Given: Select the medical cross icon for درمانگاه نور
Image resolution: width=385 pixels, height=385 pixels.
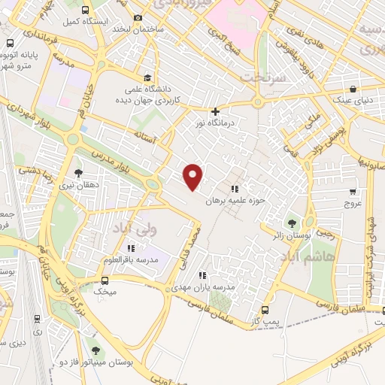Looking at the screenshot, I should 215,111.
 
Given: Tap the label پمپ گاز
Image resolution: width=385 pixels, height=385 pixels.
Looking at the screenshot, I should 265,321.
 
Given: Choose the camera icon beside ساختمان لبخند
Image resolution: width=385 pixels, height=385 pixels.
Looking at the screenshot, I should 138,17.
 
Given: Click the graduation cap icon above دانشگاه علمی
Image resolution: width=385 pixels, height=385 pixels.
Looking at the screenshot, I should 148,77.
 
